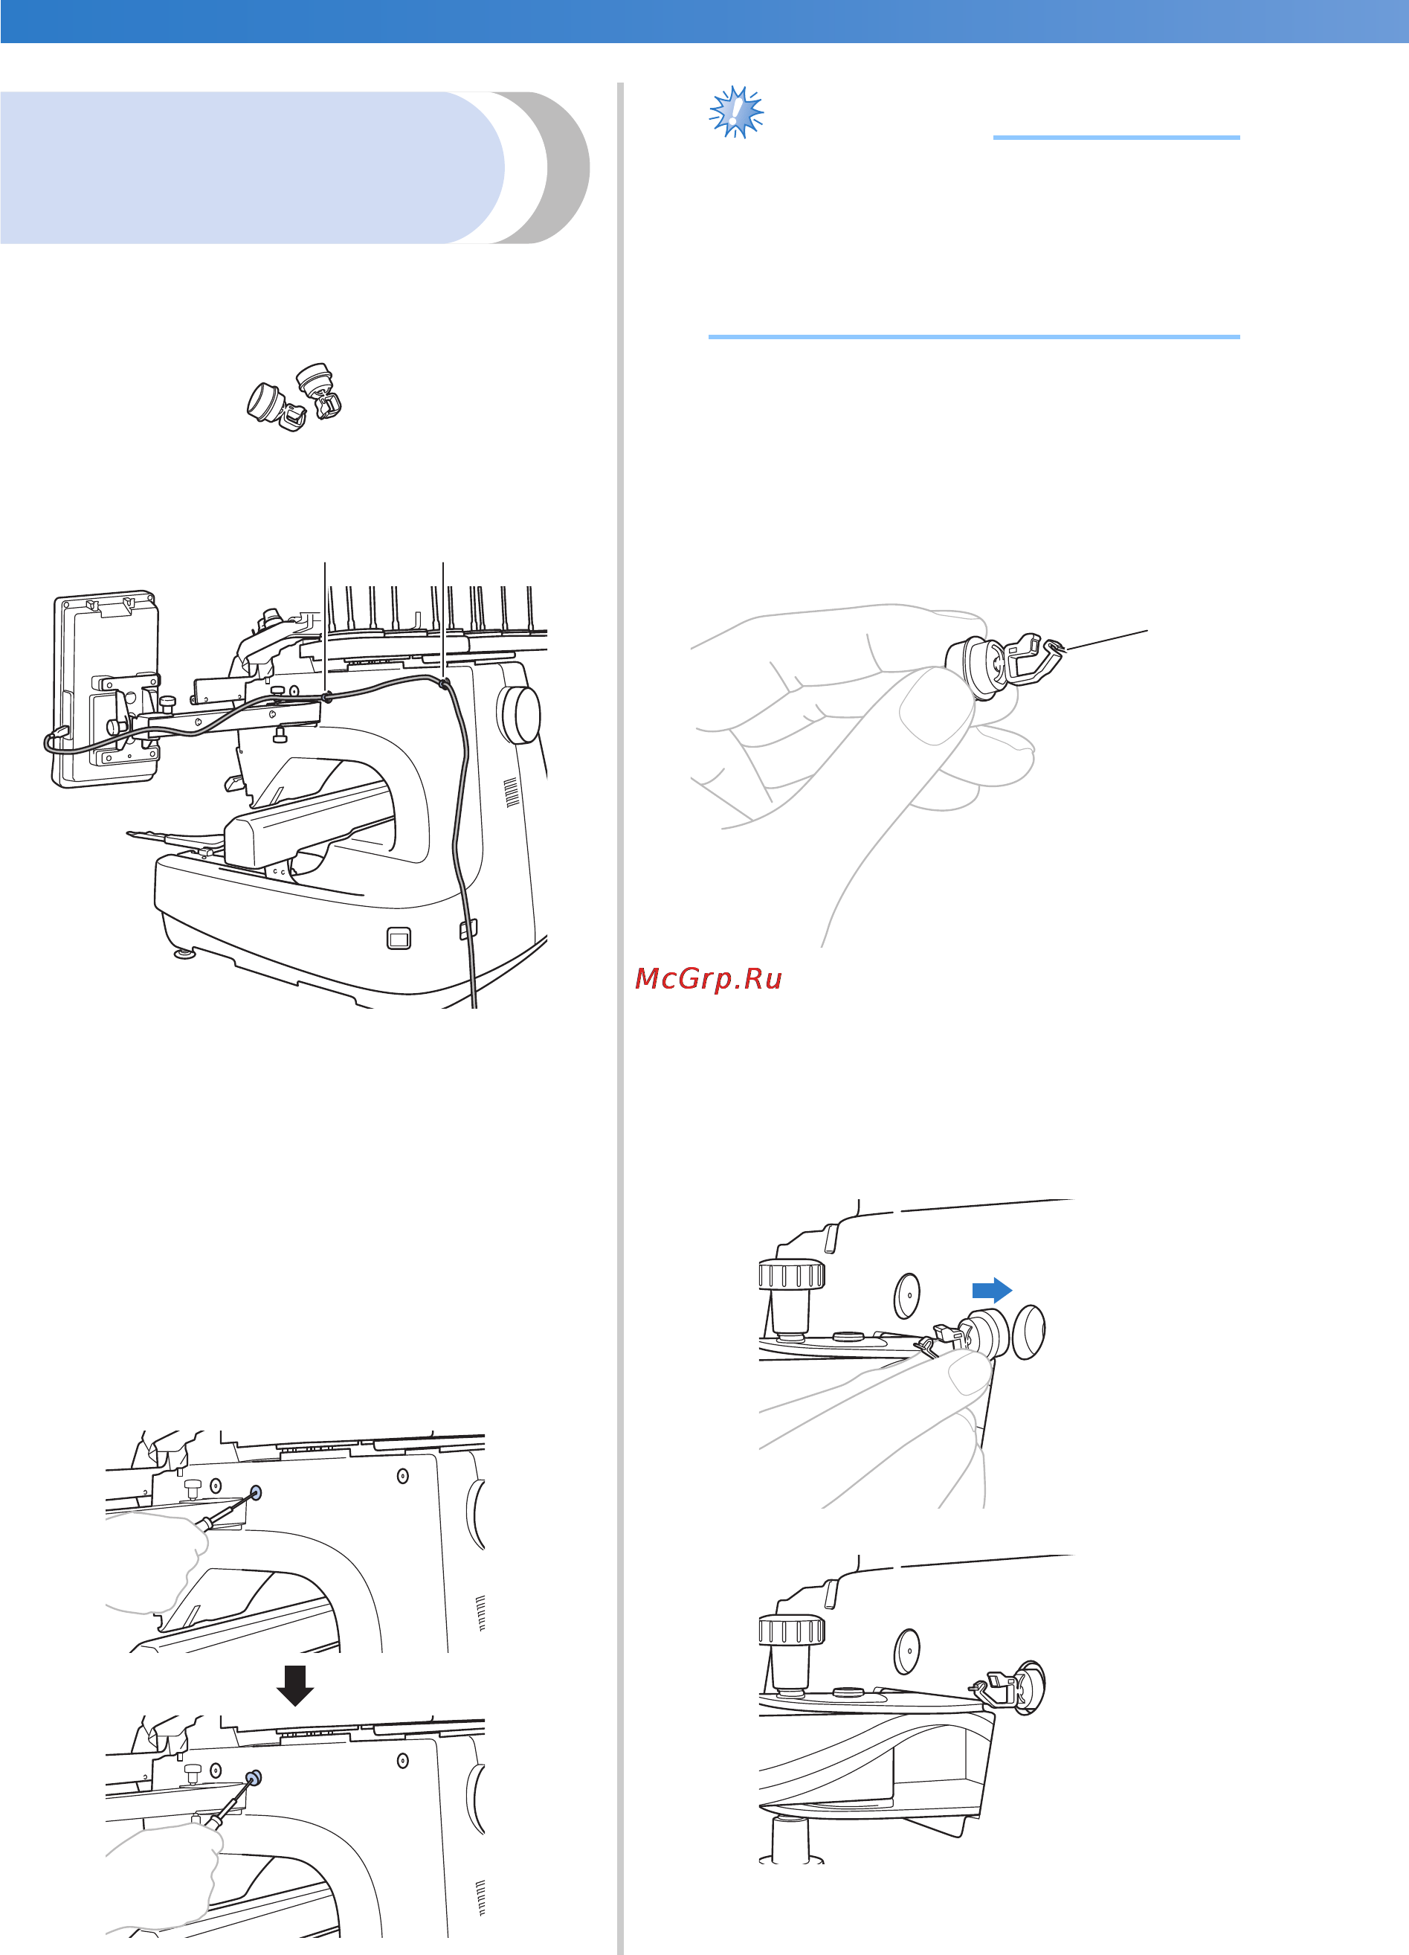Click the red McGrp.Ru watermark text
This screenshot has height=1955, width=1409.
point(708,978)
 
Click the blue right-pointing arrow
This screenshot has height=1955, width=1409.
point(992,1289)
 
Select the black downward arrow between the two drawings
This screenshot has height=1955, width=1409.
point(294,1685)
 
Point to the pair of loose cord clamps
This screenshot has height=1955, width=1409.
point(294,397)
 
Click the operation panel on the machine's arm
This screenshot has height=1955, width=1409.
point(105,689)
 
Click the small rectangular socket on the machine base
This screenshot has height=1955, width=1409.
point(399,938)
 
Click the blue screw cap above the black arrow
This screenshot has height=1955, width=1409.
point(256,1492)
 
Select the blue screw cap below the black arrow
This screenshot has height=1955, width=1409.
point(254,1776)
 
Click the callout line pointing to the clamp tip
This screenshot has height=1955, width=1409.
point(1107,640)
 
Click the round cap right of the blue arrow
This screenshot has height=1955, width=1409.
point(1028,1332)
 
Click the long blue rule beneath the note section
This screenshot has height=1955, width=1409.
point(974,336)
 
